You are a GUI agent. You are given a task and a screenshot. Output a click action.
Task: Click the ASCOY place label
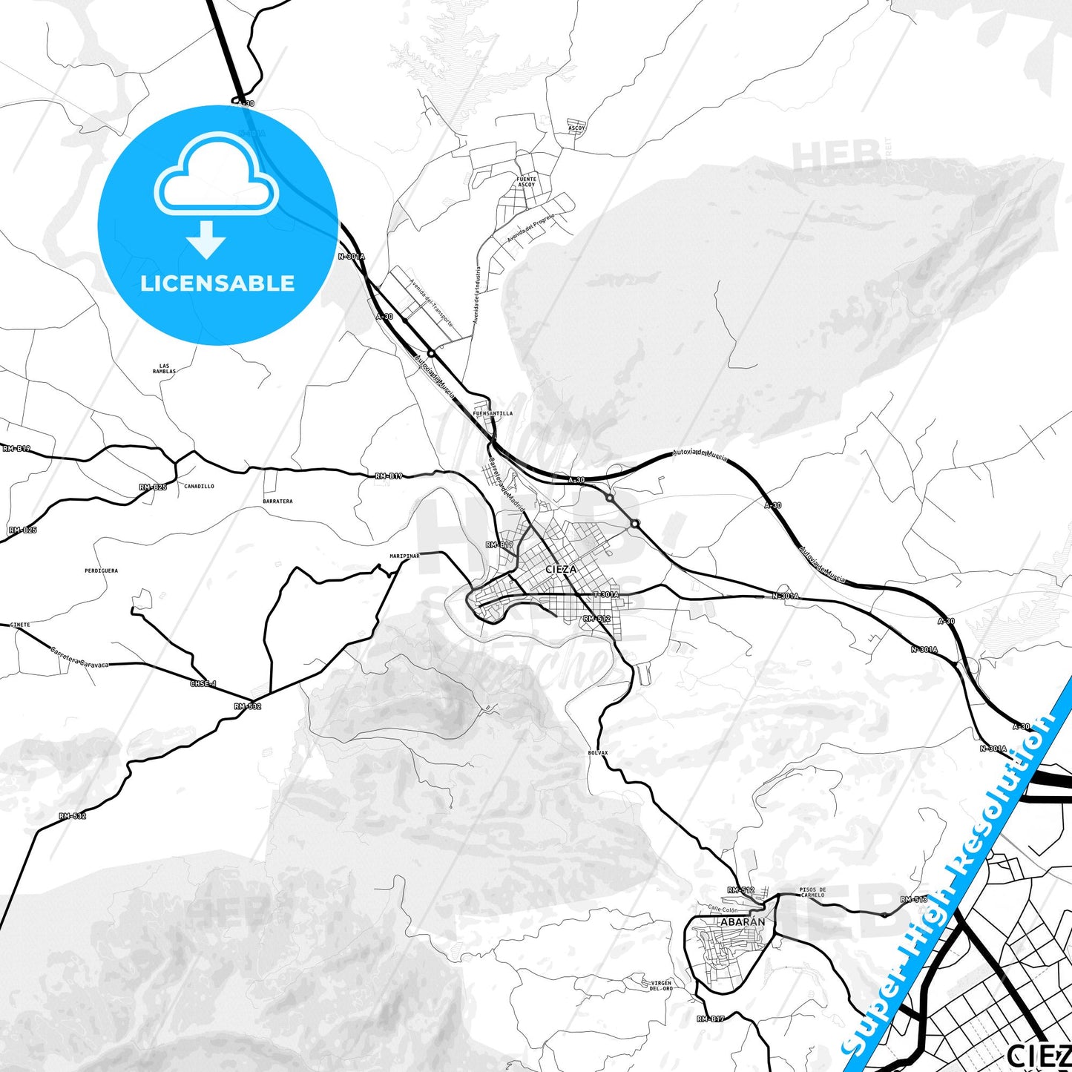coord(576,128)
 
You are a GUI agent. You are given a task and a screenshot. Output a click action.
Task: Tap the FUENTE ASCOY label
coord(526,182)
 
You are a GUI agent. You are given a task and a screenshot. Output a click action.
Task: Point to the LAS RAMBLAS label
coord(164,368)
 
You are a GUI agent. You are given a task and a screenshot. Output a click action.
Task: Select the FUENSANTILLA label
coord(493,413)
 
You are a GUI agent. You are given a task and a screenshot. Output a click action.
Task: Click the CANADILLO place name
coord(199,487)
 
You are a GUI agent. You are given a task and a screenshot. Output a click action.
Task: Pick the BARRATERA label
coord(277,502)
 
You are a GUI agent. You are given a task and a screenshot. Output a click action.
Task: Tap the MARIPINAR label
coord(404,556)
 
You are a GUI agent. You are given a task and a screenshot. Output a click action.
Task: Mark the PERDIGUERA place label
coord(101,570)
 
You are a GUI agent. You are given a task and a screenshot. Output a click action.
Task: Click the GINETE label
coord(20,625)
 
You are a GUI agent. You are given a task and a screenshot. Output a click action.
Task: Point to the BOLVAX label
coord(597,752)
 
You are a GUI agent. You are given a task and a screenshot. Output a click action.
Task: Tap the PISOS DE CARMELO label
coord(812,892)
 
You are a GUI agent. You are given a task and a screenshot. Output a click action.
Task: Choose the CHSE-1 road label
coord(203,683)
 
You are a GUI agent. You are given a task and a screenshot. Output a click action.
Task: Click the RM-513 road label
coord(914,899)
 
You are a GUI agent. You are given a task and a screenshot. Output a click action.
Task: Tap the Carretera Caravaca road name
coord(80,659)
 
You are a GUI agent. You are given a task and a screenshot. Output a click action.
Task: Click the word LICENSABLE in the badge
coord(217,283)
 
